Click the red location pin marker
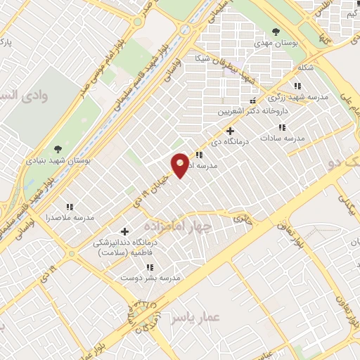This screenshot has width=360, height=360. point(180,165)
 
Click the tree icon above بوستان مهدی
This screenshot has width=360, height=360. point(276,32)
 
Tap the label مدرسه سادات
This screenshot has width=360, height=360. point(283,139)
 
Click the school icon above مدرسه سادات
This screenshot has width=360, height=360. point(282,127)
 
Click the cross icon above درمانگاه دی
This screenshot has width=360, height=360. point(229,131)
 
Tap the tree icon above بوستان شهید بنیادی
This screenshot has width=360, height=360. point(58,149)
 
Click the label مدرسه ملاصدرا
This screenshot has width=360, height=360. point(70,218)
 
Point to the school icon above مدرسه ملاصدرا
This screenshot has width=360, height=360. point(70,207)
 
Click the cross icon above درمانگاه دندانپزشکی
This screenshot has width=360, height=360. point(124,231)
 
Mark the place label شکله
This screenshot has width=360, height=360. point(305,67)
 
